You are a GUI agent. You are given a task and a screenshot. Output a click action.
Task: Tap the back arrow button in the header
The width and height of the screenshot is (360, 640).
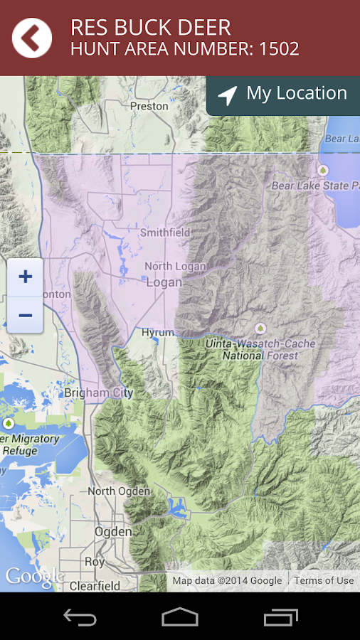32,38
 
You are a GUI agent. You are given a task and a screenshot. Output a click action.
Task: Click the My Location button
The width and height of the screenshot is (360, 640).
283,95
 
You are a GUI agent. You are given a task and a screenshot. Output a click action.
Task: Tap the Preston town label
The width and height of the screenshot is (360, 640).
149,106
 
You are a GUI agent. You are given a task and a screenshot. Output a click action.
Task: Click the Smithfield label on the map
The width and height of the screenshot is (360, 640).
165,233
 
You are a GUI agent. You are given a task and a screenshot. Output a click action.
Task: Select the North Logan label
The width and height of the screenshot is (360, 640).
175,266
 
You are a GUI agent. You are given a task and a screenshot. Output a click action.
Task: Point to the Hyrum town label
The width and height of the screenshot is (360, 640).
157,333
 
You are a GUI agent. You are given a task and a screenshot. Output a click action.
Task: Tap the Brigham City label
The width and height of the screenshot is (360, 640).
98,393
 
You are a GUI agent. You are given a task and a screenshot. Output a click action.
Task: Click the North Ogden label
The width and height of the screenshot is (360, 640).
119,491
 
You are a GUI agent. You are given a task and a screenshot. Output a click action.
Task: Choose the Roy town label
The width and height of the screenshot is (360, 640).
95,562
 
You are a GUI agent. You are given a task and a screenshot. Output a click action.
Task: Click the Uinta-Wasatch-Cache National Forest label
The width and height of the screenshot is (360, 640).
269,349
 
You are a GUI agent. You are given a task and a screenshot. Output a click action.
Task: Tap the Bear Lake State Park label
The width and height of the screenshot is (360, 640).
315,186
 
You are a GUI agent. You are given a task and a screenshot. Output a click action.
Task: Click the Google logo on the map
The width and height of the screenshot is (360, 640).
34,577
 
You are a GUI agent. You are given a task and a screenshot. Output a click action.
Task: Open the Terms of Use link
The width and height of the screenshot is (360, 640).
324,581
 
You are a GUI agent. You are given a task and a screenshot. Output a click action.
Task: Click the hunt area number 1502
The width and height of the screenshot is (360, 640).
279,49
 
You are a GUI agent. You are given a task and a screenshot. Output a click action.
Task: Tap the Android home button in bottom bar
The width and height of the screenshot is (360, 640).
180,617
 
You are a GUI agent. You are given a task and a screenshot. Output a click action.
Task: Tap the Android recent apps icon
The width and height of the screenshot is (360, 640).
280,617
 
